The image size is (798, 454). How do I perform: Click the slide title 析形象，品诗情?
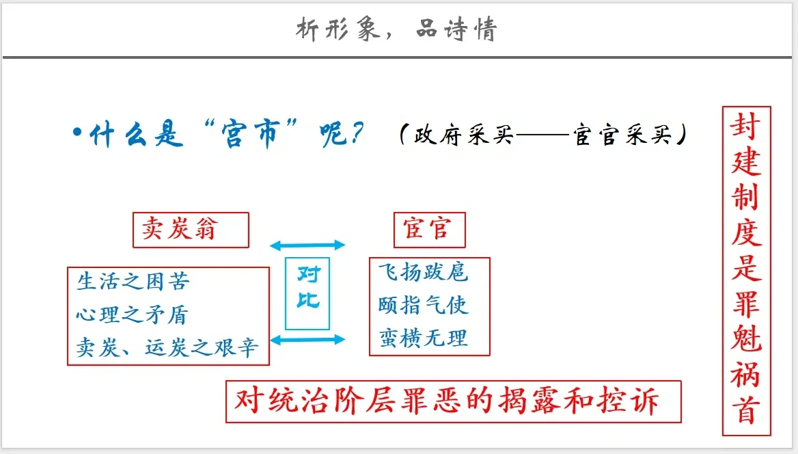click(x=396, y=29)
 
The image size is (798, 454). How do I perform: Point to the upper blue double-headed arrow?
click(x=307, y=245)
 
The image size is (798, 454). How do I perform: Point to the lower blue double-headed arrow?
click(x=307, y=339)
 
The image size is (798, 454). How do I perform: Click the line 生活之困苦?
click(x=133, y=281)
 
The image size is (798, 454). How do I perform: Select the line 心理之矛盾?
click(x=133, y=315)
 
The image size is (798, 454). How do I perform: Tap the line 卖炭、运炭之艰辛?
click(x=167, y=347)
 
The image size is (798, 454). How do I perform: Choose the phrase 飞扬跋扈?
click(x=423, y=271)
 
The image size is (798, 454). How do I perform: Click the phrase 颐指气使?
click(x=423, y=305)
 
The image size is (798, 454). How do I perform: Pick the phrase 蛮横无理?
click(x=423, y=338)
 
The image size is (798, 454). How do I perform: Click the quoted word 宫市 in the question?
click(x=251, y=134)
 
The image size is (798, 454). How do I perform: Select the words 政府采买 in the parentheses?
click(x=463, y=135)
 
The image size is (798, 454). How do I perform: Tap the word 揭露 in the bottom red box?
click(x=529, y=401)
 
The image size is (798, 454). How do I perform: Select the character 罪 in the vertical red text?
click(x=746, y=305)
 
